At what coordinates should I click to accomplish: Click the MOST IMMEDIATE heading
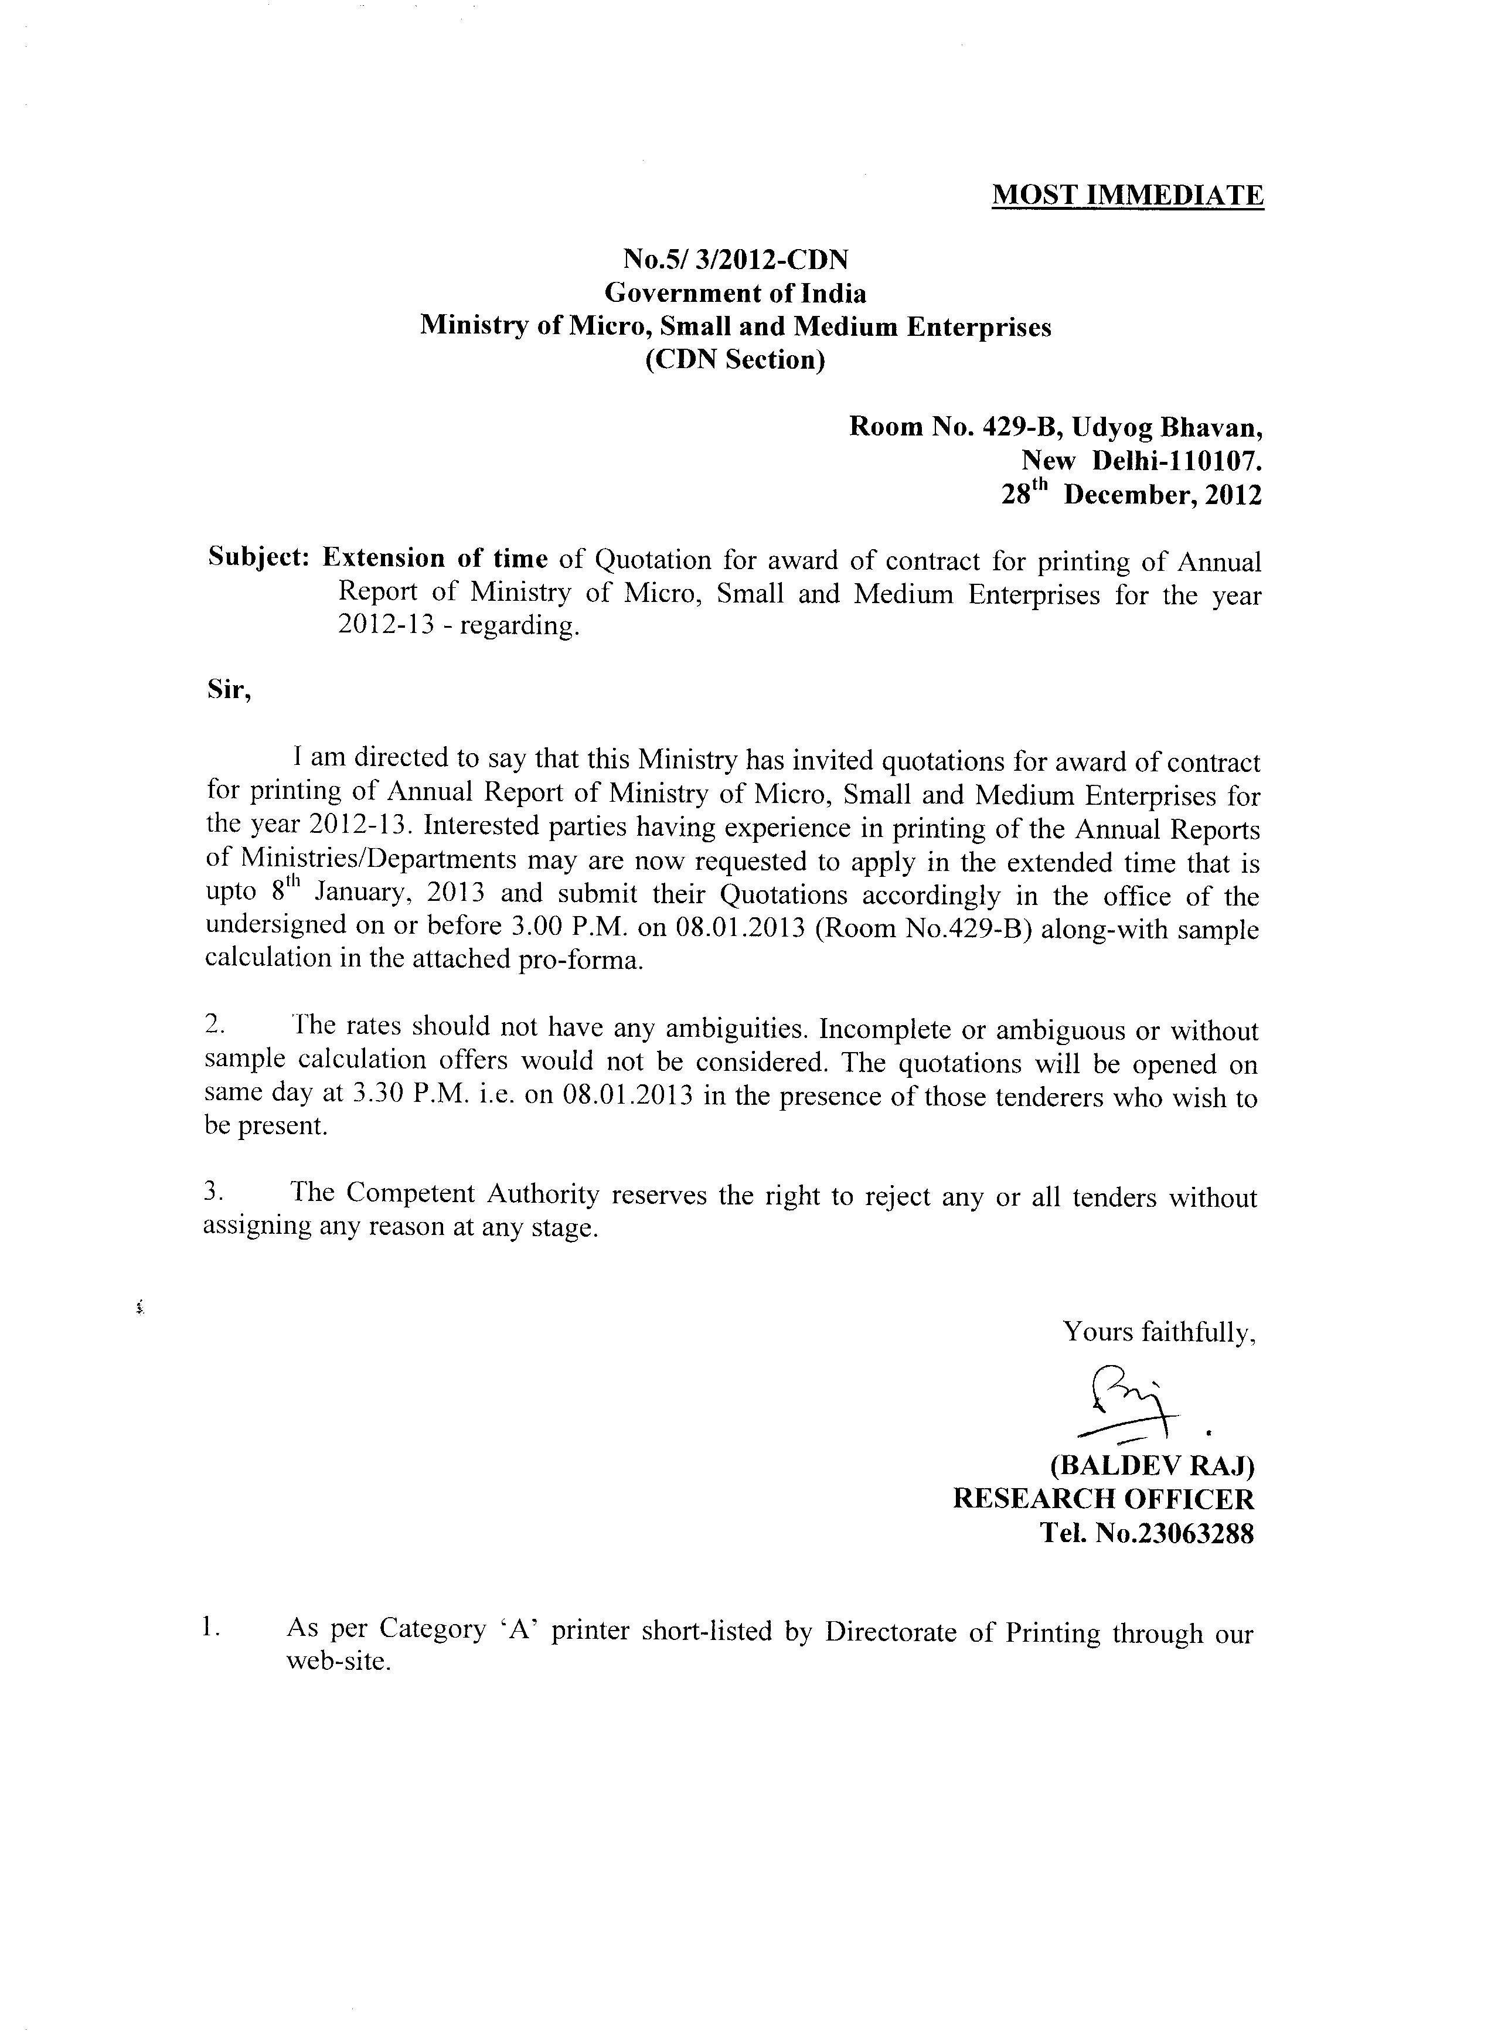(1127, 196)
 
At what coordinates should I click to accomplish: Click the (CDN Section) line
(736, 360)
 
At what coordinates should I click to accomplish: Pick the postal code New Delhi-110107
(1141, 461)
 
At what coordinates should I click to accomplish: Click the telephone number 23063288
(1190, 1534)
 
